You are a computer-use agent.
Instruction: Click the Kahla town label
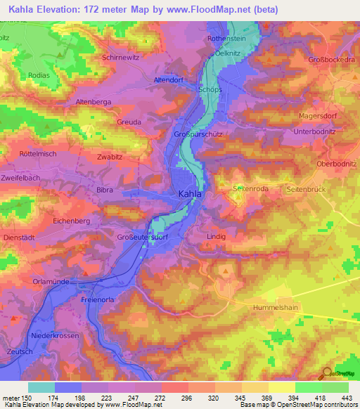click(x=189, y=195)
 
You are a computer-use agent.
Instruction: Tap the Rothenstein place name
click(x=226, y=39)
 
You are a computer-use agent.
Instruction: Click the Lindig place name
click(x=217, y=237)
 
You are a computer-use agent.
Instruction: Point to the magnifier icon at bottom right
click(x=327, y=373)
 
